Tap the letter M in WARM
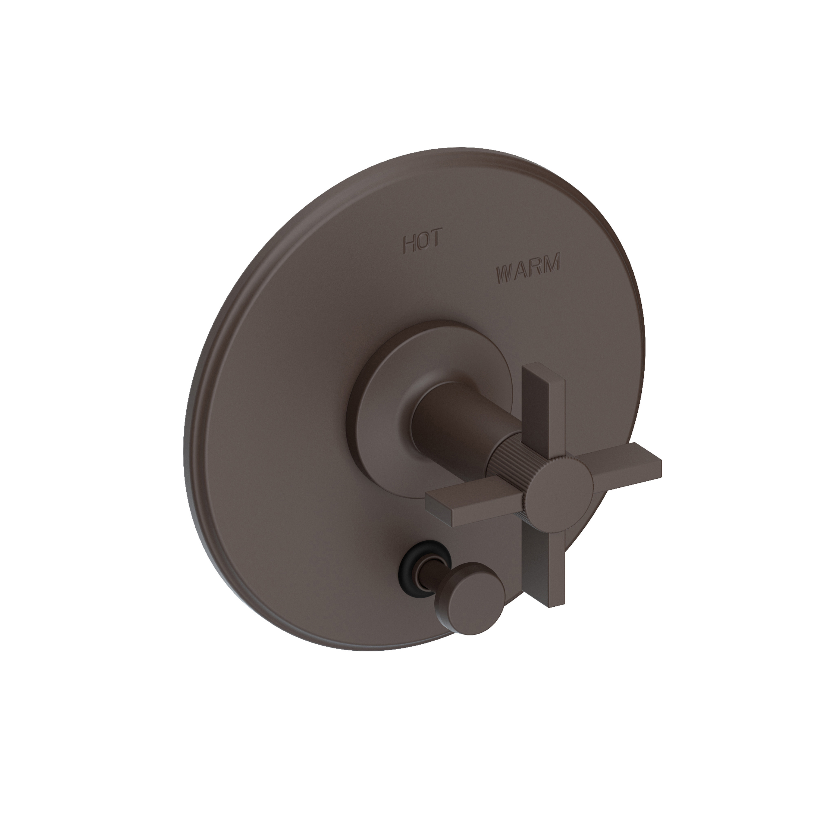(x=552, y=261)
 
